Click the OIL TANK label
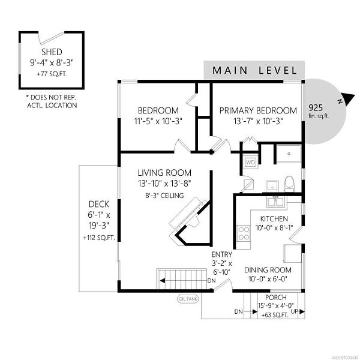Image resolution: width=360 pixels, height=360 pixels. (x=188, y=299)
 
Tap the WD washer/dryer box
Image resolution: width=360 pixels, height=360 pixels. (x=250, y=163)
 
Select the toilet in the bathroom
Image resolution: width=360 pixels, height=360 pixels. (x=289, y=184)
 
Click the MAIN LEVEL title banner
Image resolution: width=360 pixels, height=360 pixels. (x=254, y=70)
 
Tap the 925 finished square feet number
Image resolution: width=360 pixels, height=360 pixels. (x=316, y=107)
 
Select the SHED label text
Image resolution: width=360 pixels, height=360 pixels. (x=52, y=52)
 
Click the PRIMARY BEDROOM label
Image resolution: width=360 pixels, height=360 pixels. (x=258, y=110)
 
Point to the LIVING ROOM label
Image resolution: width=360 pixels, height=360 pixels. (x=164, y=173)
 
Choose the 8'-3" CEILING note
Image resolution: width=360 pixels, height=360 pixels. (x=164, y=196)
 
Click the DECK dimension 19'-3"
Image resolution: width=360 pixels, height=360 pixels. (x=99, y=226)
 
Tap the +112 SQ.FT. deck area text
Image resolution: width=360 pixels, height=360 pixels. (x=99, y=238)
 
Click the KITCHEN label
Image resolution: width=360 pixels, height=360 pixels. (x=274, y=218)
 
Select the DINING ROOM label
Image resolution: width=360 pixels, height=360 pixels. (x=268, y=270)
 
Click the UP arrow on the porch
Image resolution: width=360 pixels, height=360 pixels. (x=302, y=311)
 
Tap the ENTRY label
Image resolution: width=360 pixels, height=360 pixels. (x=221, y=254)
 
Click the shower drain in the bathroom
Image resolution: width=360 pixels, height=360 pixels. (x=289, y=154)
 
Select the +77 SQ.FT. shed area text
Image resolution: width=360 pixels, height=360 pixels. (x=52, y=74)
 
